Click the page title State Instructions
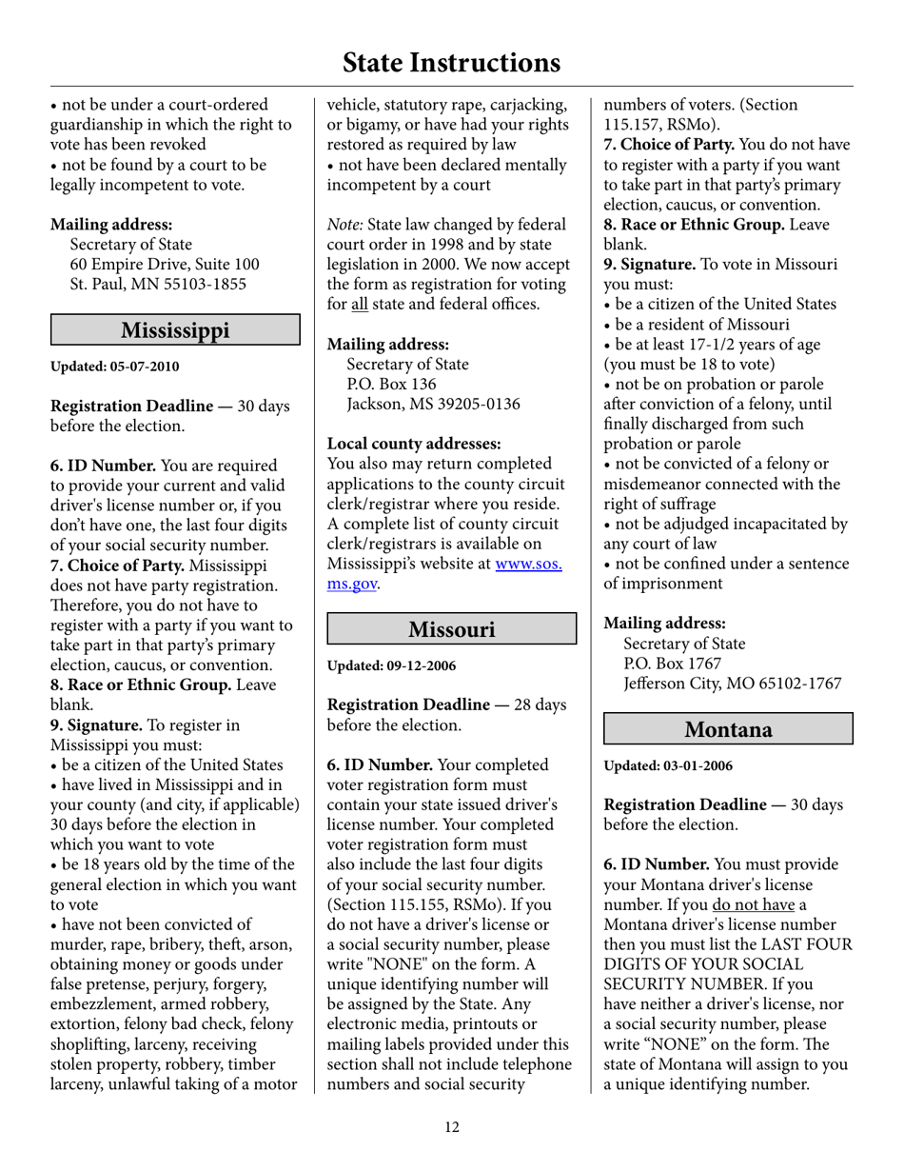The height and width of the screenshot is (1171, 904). click(451, 63)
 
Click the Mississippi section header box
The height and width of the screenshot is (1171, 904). click(175, 330)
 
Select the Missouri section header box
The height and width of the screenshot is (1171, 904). click(452, 629)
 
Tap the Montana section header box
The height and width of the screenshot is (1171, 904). click(729, 729)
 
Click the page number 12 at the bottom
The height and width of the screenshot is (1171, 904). click(451, 1128)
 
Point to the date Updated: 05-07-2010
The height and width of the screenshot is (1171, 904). click(114, 367)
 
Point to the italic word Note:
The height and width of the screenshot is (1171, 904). click(345, 225)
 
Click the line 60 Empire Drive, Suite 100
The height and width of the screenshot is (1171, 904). click(165, 264)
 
